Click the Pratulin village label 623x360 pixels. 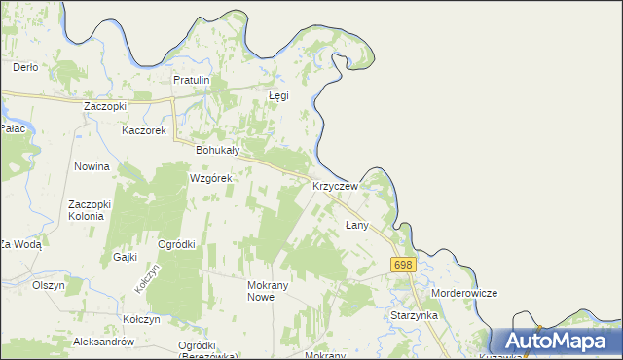[x=192, y=80]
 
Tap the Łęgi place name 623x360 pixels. [x=279, y=96]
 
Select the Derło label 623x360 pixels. [x=25, y=67]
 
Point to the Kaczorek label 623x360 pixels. [x=145, y=130]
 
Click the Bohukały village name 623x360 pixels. [x=217, y=151]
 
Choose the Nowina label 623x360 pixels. [x=92, y=166]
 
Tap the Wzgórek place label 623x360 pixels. [x=210, y=179]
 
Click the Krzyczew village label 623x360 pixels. [x=336, y=185]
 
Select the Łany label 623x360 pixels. [x=356, y=225]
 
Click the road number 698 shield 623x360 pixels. [x=403, y=265]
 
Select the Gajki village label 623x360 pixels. [x=124, y=257]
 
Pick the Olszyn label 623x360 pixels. [x=48, y=285]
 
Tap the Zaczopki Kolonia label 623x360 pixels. [x=92, y=210]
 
